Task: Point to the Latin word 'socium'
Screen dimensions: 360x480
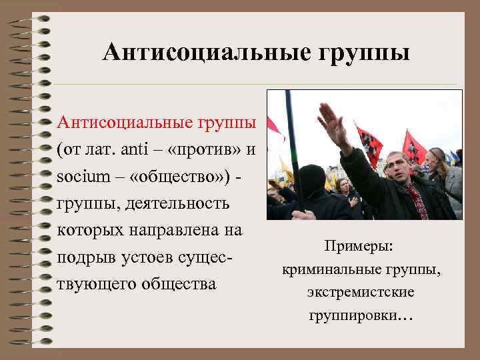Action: (x=78, y=175)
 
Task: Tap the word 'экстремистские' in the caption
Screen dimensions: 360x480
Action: (x=361, y=292)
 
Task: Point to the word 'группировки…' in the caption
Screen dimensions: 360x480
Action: (x=361, y=314)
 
